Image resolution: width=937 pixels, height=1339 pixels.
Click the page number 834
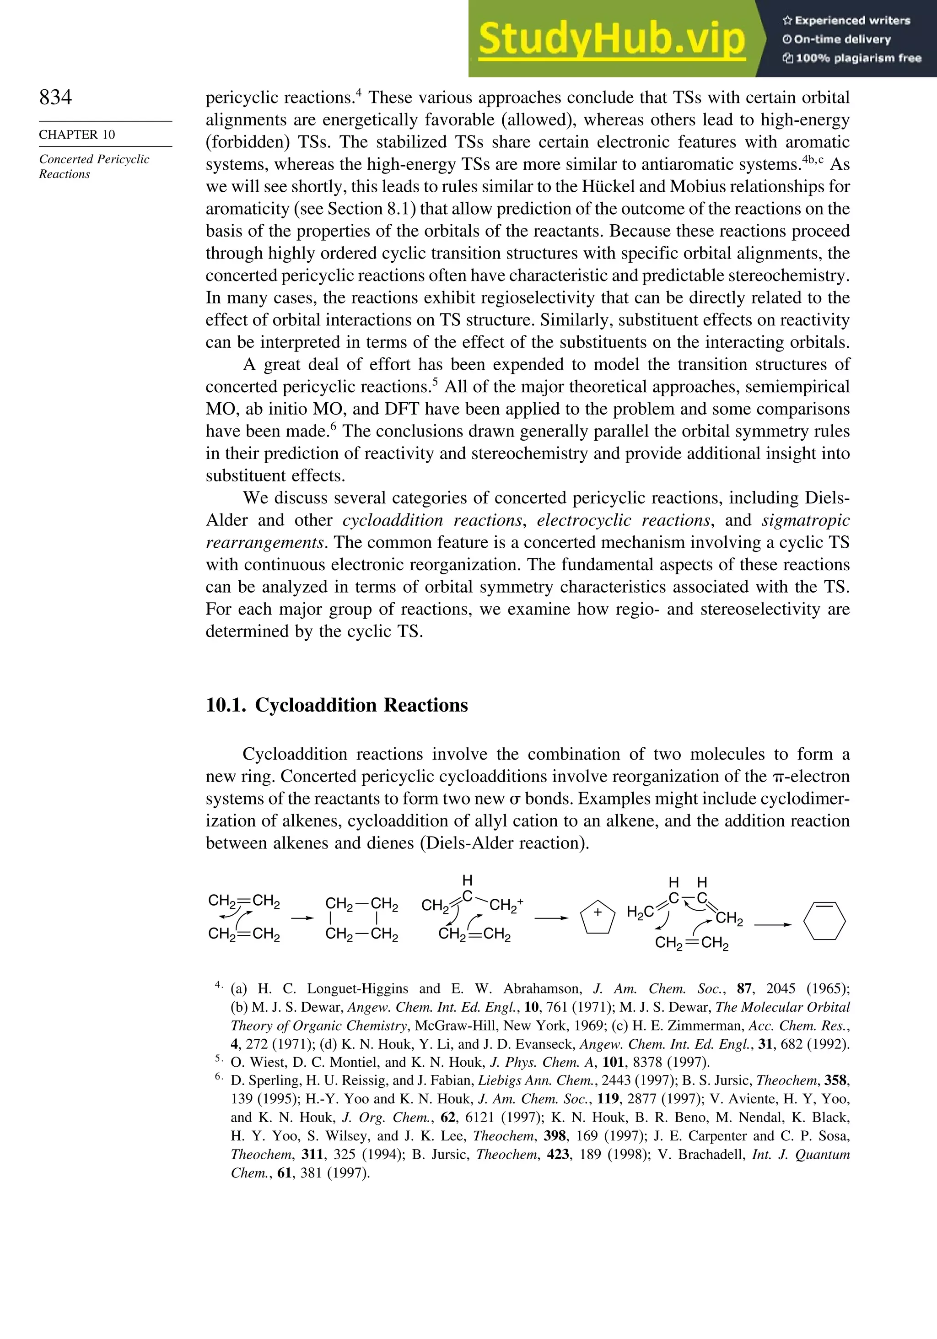pyautogui.click(x=55, y=97)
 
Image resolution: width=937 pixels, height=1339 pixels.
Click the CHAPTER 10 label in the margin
pyautogui.click(x=77, y=135)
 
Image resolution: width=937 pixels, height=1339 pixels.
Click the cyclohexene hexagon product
pyautogui.click(x=824, y=921)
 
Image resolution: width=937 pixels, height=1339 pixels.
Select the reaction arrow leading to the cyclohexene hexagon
pyautogui.click(x=773, y=925)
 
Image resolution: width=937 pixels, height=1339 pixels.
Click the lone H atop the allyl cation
pyautogui.click(x=467, y=880)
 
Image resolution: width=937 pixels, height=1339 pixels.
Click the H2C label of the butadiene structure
pyautogui.click(x=640, y=912)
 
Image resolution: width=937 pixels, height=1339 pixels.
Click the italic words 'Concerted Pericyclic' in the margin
pyautogui.click(x=94, y=159)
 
